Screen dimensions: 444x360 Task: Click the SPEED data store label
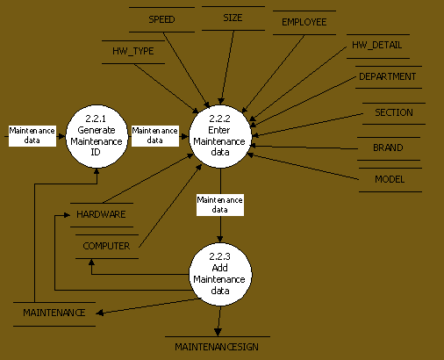point(161,19)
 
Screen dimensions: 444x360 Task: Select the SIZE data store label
point(233,18)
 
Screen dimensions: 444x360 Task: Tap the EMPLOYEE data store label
point(304,22)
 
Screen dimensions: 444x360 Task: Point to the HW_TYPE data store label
point(133,51)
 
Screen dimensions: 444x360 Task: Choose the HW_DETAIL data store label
point(377,45)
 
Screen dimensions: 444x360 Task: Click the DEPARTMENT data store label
point(388,76)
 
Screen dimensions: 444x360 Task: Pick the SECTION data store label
point(394,112)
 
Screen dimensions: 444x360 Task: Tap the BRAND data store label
point(388,148)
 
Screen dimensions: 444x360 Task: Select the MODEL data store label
point(390,179)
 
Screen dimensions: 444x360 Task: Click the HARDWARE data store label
point(101,214)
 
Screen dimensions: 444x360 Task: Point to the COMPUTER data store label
point(106,246)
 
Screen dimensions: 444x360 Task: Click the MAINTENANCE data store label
point(54,313)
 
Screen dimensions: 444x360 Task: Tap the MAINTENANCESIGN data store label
point(217,347)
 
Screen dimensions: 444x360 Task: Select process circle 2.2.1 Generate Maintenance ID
point(97,136)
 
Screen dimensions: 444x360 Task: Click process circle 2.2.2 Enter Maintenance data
point(220,136)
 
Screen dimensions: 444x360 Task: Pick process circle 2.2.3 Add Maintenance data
point(220,274)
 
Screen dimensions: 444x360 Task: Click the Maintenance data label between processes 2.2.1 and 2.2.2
point(155,135)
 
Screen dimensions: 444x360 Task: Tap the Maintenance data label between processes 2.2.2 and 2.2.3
point(220,205)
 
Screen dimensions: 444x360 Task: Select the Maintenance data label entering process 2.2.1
point(32,135)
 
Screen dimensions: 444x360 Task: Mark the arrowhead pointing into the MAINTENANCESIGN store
point(218,332)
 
